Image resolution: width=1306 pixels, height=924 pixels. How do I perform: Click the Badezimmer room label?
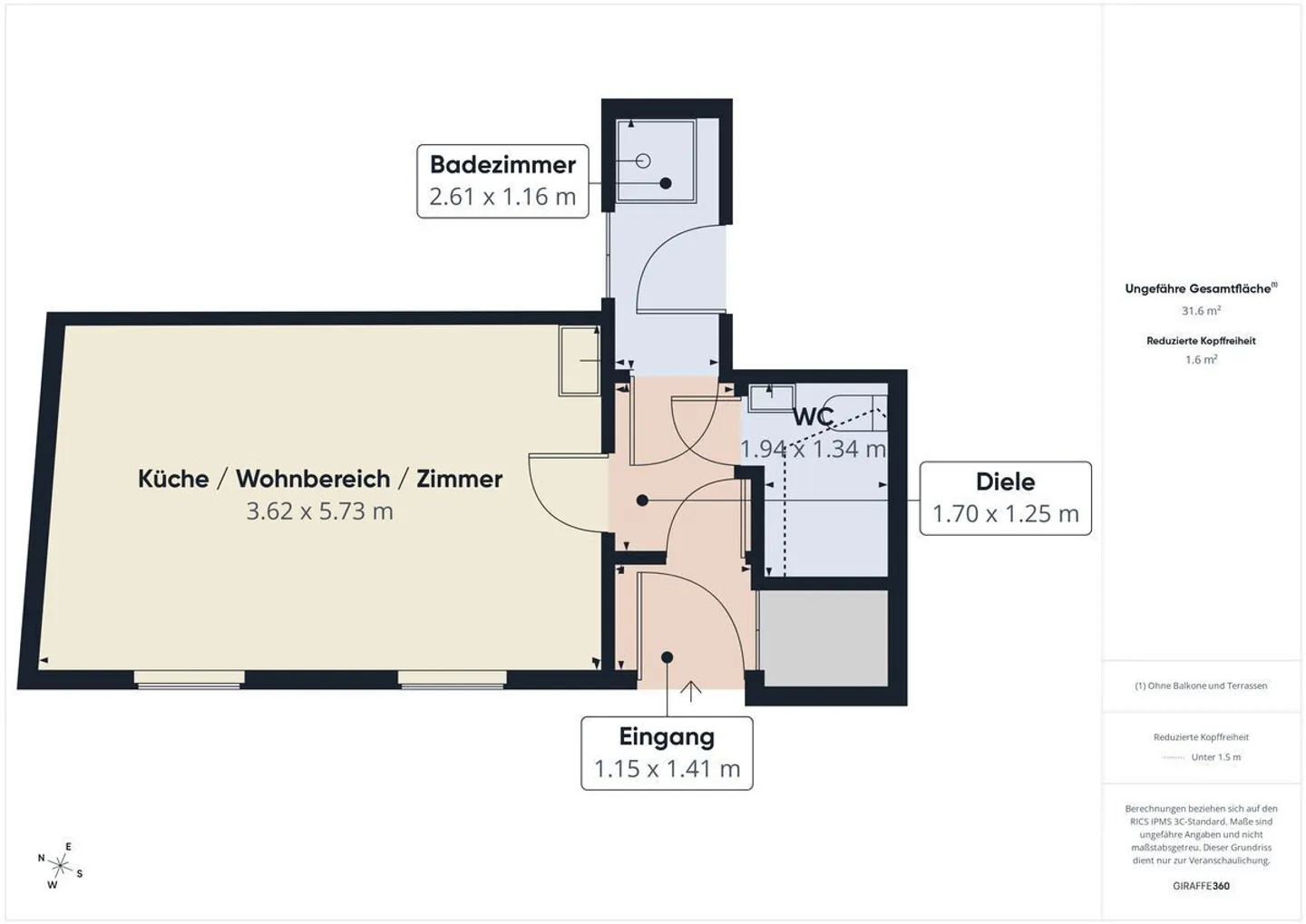pos(502,165)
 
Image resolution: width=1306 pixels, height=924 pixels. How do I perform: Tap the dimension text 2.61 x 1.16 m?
pos(502,197)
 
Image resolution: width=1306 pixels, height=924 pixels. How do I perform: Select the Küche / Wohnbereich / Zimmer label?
pos(320,479)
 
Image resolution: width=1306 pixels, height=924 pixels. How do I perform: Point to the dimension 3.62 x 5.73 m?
pos(320,511)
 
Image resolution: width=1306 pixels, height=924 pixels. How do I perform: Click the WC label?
pos(814,417)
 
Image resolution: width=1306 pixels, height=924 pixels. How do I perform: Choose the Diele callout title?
pos(1005,481)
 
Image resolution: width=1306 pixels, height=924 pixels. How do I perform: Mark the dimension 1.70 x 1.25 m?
pos(1005,514)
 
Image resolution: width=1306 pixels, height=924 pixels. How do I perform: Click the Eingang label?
pos(667,736)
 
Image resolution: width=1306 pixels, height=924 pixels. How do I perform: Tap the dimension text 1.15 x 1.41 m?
pos(667,769)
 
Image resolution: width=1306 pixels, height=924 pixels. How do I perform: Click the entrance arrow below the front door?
pos(691,691)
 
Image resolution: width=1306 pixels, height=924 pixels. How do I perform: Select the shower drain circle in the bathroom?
pos(643,161)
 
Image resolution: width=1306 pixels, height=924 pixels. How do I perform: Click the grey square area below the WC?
pos(824,637)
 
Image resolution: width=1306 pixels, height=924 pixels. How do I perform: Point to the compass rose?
pos(60,865)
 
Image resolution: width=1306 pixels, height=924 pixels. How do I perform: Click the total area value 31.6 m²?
pos(1201,311)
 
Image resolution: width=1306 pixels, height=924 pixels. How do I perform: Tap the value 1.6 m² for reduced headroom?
pos(1201,360)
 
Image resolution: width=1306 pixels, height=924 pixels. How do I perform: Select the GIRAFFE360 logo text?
pos(1201,886)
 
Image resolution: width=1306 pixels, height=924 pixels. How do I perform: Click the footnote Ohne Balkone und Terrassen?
pos(1201,686)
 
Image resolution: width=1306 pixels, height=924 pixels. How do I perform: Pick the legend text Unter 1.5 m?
pos(1216,757)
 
